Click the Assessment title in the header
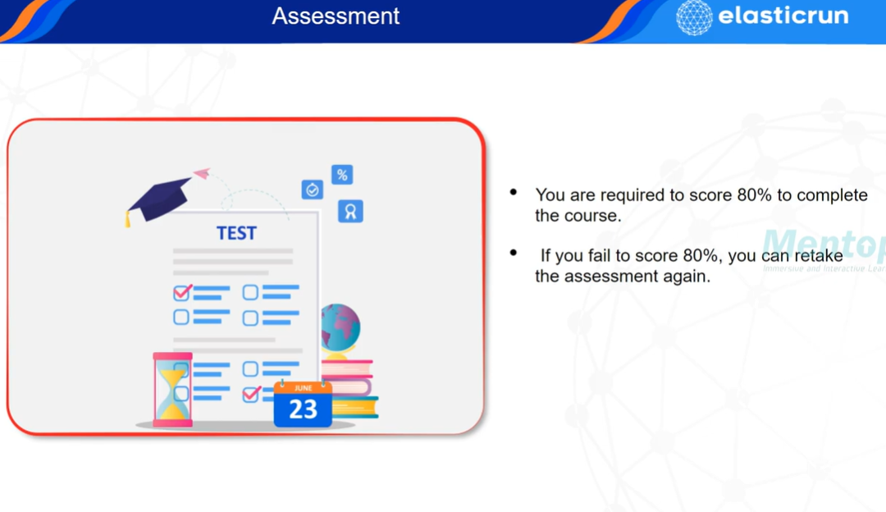(336, 16)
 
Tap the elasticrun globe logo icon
(693, 17)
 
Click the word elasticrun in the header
(783, 16)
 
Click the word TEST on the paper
(236, 234)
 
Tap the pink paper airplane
(202, 174)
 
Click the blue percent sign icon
(342, 175)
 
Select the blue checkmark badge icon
(312, 190)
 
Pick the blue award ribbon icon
(350, 212)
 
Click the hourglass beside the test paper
(172, 389)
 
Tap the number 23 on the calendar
(303, 409)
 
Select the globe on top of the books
(340, 327)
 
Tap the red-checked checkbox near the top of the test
(182, 292)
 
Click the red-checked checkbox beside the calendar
(251, 394)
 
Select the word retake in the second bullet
(817, 256)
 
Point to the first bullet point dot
(514, 193)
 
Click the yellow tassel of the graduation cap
(128, 219)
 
